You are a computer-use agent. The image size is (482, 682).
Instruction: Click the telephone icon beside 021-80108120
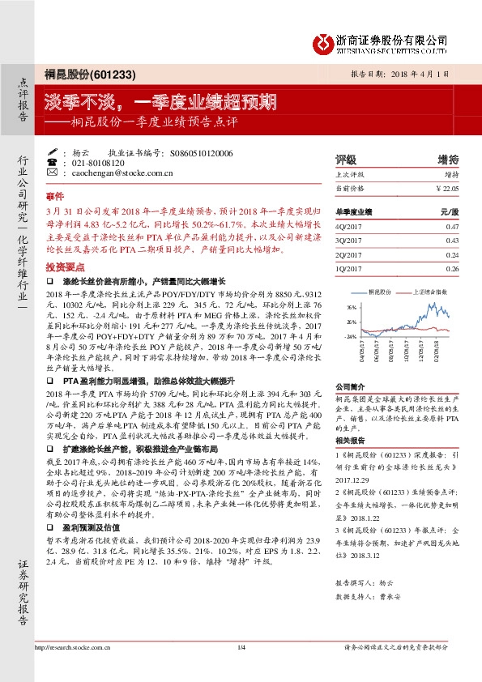(x=53, y=163)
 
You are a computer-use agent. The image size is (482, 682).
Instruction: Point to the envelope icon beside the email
(x=53, y=173)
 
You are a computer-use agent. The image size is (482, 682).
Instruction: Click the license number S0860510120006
(x=202, y=152)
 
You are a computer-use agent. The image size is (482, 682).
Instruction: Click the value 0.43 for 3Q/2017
(x=451, y=241)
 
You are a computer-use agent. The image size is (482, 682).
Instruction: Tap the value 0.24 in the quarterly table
(x=451, y=254)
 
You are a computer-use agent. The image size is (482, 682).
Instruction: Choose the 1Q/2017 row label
(x=349, y=267)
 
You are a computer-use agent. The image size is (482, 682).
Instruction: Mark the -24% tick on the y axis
(x=352, y=335)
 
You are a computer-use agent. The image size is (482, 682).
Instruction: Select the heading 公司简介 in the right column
(x=350, y=387)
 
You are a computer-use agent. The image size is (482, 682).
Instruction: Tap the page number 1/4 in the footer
(x=241, y=670)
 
